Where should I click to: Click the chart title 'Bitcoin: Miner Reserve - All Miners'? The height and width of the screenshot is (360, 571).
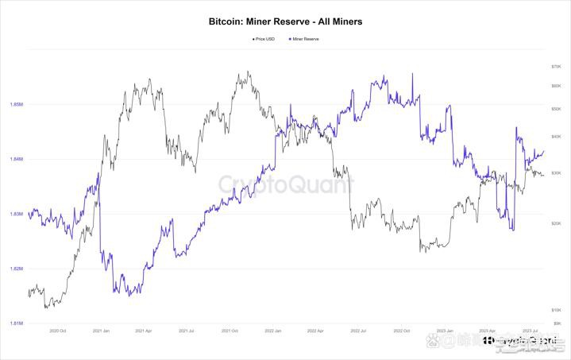tap(285, 22)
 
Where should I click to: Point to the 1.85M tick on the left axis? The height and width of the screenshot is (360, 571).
tap(16, 104)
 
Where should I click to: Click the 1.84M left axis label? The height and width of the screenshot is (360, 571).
tap(16, 159)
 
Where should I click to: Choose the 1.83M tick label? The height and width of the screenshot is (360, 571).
tap(16, 214)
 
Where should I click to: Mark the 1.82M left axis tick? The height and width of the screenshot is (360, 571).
tap(16, 269)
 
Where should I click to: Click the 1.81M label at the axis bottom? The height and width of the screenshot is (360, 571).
tap(16, 323)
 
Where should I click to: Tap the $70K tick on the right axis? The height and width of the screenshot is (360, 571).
tap(556, 65)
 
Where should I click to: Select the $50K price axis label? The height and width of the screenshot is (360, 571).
tap(556, 109)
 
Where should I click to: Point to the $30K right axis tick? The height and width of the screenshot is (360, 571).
tap(556, 172)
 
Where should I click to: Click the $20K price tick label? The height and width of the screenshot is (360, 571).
tap(556, 223)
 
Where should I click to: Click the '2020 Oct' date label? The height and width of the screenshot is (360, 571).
tap(57, 331)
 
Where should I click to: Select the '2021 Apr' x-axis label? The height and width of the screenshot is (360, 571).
tap(144, 331)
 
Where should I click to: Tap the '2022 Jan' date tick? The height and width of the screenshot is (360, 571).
tap(272, 331)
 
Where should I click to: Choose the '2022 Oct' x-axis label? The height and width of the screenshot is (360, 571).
tap(401, 331)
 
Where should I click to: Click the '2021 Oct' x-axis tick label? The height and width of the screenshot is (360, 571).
tap(230, 331)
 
